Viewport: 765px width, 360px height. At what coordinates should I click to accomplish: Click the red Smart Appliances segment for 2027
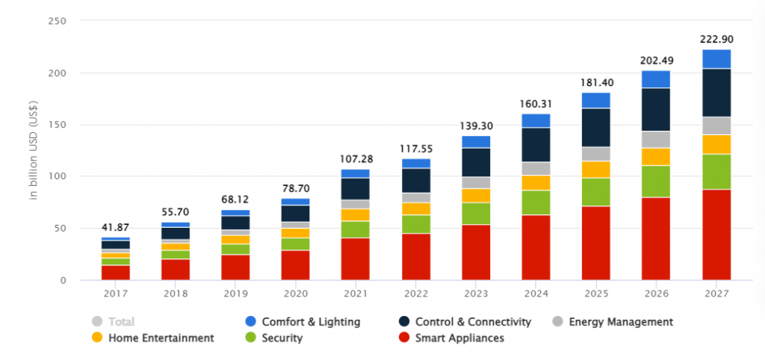pos(716,235)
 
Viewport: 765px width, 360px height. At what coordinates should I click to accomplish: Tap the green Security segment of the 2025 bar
pos(596,192)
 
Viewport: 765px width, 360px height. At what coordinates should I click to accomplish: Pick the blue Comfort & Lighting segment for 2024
pos(536,121)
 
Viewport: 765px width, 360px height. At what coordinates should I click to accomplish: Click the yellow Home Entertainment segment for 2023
pos(476,196)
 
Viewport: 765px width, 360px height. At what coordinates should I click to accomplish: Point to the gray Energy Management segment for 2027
pos(716,126)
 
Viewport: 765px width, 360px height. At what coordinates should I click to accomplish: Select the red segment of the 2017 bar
pos(116,273)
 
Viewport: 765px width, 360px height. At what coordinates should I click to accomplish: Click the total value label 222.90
pos(716,39)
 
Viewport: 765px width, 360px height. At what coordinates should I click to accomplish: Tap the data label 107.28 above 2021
pos(356,158)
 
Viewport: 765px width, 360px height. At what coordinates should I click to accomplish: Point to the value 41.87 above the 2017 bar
pos(116,226)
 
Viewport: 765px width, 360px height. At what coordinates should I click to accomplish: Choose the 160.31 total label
pos(536,103)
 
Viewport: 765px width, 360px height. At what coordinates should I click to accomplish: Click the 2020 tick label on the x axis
pos(296,294)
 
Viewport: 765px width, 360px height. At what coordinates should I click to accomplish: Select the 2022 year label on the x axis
pos(416,294)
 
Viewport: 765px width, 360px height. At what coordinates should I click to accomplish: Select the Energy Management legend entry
pos(619,322)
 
